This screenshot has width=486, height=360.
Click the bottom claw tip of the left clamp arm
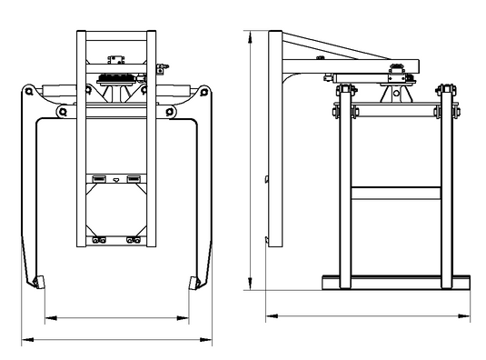(37, 282)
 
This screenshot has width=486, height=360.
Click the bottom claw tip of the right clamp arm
(193, 282)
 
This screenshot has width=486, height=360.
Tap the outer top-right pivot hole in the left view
(205, 92)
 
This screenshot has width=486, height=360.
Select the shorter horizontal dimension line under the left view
(116, 317)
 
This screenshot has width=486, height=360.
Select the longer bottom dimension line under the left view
(116, 339)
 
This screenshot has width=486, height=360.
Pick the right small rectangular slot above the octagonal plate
(134, 176)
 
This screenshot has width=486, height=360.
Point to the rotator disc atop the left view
(115, 79)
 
